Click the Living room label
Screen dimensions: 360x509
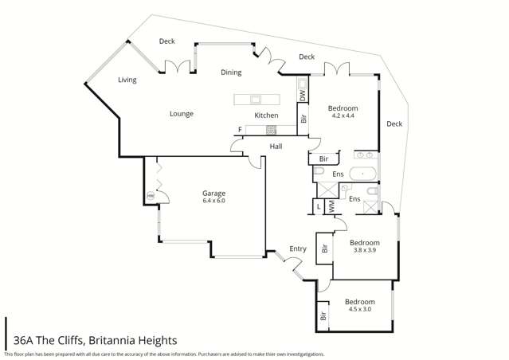coord(127,80)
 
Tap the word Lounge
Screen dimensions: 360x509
coord(182,114)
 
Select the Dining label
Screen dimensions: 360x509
coord(231,72)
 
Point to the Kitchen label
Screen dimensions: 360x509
coord(265,115)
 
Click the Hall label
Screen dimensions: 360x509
coord(276,147)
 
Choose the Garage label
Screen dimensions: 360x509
coord(213,193)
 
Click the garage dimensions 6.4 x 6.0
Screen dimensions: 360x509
coord(213,201)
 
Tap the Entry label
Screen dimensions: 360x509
coord(298,249)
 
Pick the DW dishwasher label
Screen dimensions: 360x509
coord(303,95)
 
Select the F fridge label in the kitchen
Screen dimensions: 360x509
coord(239,130)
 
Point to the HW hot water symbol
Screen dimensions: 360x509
coord(149,197)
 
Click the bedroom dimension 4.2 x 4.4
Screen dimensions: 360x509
coord(343,116)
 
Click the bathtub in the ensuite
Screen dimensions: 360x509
coord(366,172)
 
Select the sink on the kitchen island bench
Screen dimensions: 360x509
coord(256,100)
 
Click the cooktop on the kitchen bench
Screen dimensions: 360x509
coord(272,129)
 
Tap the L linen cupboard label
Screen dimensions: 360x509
coord(319,207)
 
